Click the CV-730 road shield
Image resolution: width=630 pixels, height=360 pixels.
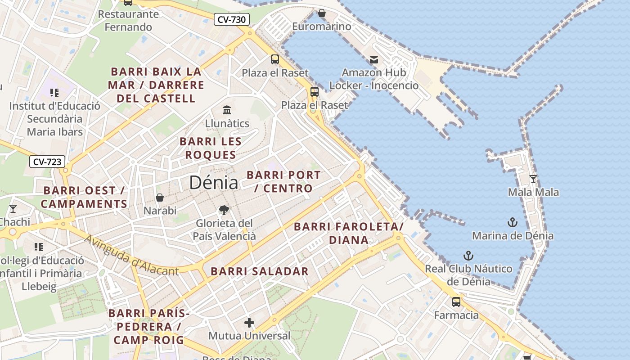[231, 19]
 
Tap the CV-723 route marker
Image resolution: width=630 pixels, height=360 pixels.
[47, 162]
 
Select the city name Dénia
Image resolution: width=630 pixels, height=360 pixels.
[213, 182]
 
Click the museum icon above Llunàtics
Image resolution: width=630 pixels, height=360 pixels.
[227, 110]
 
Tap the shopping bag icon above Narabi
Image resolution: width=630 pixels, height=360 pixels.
[159, 198]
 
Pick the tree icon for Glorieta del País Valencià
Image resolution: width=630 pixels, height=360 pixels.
[224, 210]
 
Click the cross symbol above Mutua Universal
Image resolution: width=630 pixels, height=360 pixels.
[249, 322]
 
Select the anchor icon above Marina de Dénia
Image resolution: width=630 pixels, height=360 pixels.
[512, 222]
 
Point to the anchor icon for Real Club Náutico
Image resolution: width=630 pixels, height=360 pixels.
[468, 256]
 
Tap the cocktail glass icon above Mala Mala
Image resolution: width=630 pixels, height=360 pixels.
[533, 179]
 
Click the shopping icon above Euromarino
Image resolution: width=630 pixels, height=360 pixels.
[321, 13]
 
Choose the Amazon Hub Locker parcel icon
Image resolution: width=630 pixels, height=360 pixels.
[373, 59]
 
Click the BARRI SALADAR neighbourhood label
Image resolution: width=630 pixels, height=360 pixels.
[260, 271]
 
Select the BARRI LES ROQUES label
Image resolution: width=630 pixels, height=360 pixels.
[211, 148]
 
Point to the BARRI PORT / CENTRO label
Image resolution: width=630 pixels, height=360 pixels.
[284, 181]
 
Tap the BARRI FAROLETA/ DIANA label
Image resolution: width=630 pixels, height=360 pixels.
[349, 233]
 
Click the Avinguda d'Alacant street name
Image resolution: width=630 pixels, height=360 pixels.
[131, 256]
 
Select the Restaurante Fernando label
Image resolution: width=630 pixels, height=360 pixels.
[128, 20]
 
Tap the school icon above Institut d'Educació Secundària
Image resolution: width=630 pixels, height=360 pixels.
[54, 93]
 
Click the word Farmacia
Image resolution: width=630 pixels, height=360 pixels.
[456, 315]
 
